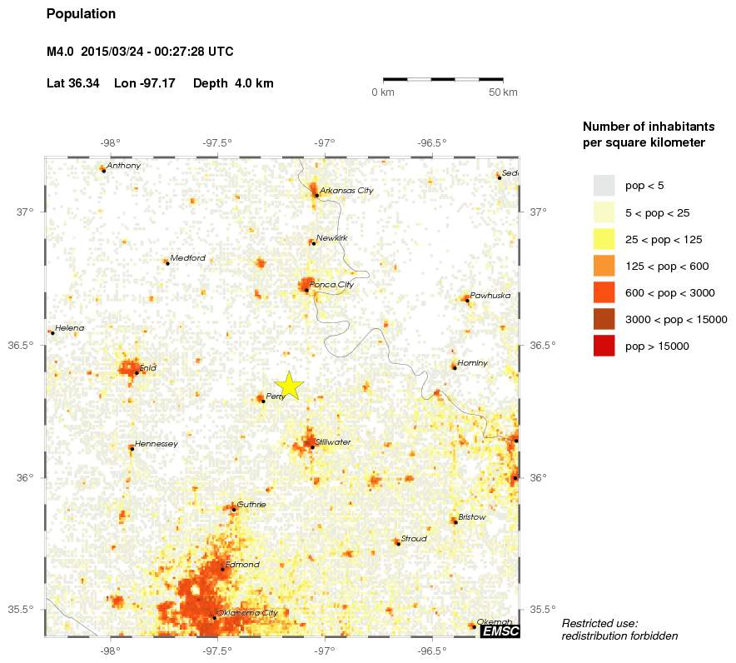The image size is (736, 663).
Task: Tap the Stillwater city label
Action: (333, 441)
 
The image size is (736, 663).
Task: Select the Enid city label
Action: (148, 367)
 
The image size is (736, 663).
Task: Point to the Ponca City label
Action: (331, 285)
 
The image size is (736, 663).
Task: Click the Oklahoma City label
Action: (246, 613)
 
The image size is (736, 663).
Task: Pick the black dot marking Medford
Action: (167, 263)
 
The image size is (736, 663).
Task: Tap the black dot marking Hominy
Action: (454, 367)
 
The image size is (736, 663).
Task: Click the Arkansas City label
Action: (346, 191)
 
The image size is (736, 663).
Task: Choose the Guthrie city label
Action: (251, 504)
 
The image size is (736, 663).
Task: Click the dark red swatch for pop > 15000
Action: (604, 346)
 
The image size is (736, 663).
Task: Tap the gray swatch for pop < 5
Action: (604, 186)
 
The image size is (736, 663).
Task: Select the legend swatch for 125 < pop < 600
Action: (604, 266)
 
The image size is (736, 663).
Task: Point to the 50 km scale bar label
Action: (503, 92)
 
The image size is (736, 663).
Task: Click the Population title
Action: (81, 14)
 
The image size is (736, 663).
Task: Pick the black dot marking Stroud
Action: (398, 543)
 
